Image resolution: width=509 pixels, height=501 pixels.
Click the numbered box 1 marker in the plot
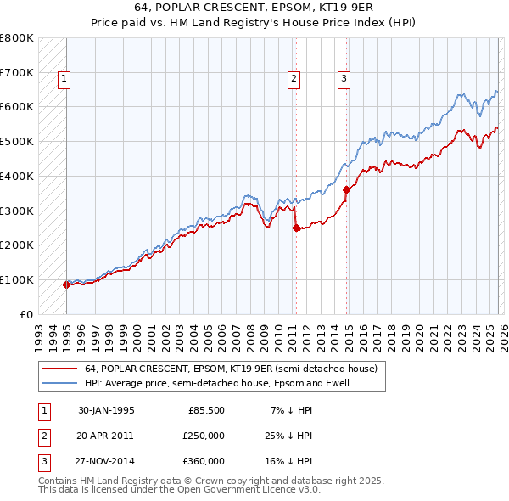[64, 79]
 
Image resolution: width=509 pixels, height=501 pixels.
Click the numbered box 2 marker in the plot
[294, 79]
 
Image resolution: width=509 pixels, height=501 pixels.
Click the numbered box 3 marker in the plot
[344, 79]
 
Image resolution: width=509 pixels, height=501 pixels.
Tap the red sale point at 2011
[296, 228]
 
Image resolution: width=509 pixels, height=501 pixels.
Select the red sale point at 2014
[347, 190]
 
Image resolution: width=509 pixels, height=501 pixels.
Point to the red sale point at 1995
[67, 284]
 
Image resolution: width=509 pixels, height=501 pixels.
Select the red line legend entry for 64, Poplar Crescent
[232, 369]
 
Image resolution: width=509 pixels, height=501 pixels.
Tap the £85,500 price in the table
[206, 410]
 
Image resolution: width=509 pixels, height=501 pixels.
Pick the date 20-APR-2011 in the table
[106, 436]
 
